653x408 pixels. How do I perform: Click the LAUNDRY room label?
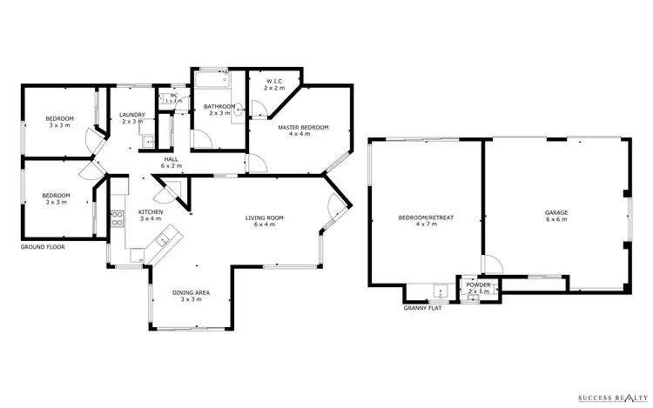coord(132,114)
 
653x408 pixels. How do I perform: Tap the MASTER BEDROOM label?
coord(303,128)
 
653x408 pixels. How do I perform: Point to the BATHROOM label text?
coord(218,107)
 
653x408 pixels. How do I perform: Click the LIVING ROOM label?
coord(264,217)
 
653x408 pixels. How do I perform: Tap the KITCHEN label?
coord(151,212)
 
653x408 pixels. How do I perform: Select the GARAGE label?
coord(556,212)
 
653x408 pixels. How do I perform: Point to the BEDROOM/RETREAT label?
coord(426,217)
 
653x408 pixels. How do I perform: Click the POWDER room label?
coord(478,284)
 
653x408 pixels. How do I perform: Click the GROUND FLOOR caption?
coord(44,247)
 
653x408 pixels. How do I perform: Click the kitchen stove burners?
coord(117,218)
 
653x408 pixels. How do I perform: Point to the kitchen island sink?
coord(161,239)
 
